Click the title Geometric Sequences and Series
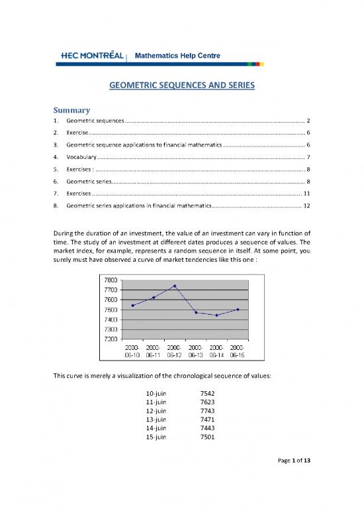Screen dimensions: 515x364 coord(182,86)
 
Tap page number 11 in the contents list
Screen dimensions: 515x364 coord(305,193)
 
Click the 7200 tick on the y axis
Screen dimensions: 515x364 coord(111,339)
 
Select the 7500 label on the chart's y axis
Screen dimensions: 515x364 coord(111,310)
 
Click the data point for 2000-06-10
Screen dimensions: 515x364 coord(133,306)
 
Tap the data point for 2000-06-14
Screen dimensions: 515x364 coord(216,315)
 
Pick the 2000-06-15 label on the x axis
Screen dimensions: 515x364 coord(238,351)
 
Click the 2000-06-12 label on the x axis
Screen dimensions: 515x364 coord(175,351)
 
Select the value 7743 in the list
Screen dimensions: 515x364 coord(208,410)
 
